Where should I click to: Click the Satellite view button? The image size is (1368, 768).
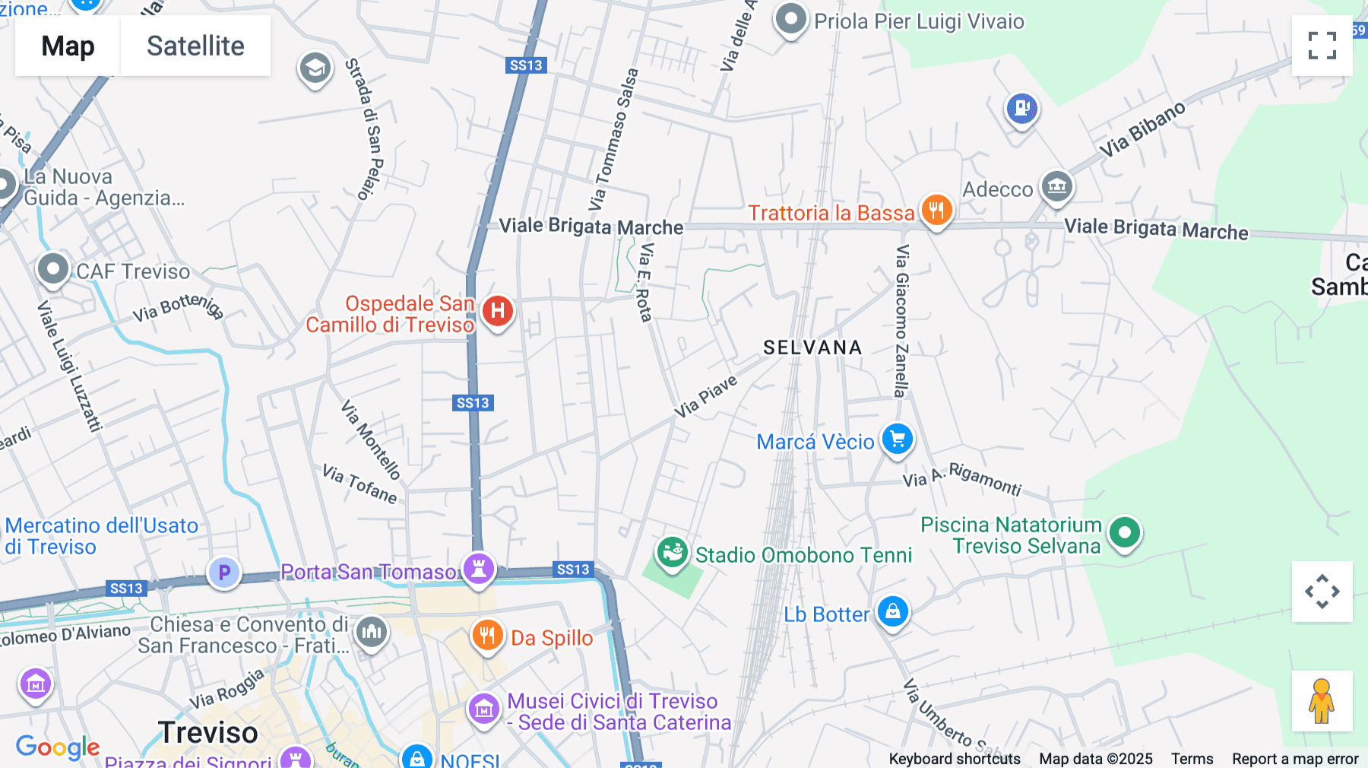195,46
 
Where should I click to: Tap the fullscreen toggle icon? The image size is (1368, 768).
1322,46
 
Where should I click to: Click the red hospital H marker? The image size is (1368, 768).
498,310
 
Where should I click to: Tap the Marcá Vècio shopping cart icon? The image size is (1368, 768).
898,439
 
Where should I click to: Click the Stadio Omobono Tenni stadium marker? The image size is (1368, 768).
673,552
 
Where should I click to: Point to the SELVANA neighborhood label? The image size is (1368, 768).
812,348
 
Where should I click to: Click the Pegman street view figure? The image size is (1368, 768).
1322,700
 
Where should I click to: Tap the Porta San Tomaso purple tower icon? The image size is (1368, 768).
479,568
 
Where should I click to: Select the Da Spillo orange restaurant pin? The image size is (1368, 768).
487,635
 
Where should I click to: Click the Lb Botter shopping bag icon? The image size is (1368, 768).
893,611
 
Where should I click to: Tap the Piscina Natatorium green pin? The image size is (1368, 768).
1125,532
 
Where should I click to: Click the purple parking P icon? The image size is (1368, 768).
224,573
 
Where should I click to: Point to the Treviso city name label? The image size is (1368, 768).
208,732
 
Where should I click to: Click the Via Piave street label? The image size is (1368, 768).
706,396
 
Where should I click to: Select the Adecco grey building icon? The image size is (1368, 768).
1056,186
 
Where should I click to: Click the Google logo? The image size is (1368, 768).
58,747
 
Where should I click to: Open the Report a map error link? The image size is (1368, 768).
1295,759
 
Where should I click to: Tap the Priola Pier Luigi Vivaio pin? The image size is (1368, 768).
790,19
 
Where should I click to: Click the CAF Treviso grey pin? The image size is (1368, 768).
53,269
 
